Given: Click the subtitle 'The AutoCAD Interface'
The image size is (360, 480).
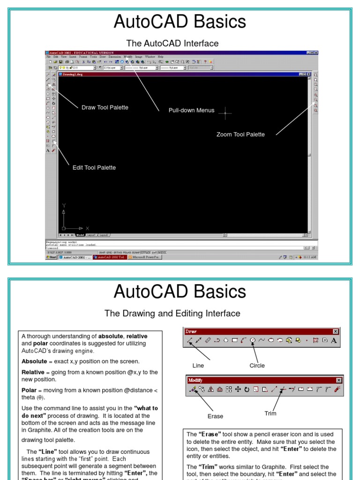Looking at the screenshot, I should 172,44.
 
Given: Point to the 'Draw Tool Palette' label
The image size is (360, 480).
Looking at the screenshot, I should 105,107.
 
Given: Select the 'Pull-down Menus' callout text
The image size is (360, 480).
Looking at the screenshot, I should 191,111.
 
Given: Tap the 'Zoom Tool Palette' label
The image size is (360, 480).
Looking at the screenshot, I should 240,135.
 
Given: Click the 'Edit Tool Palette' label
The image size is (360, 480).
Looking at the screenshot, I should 94,168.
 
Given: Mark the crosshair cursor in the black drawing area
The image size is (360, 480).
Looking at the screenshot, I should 225,113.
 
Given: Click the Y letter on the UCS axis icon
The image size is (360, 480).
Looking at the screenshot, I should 64,205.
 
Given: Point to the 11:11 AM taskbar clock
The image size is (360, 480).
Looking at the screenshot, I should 310,257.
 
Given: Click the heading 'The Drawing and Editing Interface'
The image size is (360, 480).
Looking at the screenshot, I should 172,314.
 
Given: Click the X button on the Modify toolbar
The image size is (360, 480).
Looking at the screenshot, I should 339,380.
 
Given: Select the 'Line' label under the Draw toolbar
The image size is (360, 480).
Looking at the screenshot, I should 198,366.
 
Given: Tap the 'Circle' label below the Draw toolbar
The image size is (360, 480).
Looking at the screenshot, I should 257,366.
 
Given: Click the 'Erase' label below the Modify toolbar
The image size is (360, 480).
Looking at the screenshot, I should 215,416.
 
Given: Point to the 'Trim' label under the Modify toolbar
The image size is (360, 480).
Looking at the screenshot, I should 270,413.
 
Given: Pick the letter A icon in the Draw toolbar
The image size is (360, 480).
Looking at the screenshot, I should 334,341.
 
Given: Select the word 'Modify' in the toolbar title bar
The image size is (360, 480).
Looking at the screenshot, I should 195,380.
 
